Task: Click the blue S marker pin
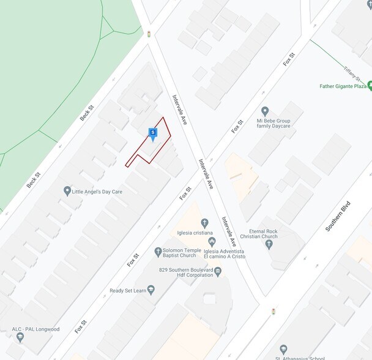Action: [x=152, y=133]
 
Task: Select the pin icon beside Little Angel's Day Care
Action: [x=67, y=192]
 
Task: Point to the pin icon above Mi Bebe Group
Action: [x=265, y=111]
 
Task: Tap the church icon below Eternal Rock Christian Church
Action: [x=269, y=244]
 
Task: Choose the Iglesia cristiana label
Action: [x=196, y=233]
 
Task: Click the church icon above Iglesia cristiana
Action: [x=204, y=223]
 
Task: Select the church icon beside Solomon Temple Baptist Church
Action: [x=158, y=251]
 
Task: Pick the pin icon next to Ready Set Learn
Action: [x=151, y=291]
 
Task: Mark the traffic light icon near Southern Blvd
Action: [x=273, y=311]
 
